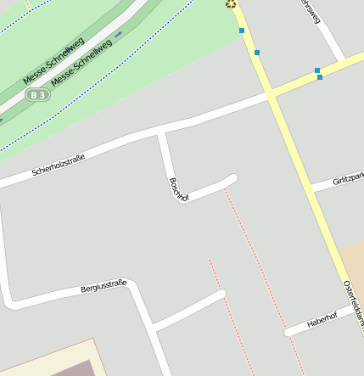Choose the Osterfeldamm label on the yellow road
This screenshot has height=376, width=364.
354,304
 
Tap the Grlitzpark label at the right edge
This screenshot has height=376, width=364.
348,179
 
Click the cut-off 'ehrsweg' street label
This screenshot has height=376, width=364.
309,11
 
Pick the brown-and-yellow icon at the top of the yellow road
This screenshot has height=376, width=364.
230,3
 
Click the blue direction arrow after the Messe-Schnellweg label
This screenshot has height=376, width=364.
119,34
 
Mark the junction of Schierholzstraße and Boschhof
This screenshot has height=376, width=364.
160,133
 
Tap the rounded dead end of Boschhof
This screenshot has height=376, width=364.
232,178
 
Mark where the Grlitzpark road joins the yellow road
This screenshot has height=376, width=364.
311,188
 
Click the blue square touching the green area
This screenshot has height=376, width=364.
242,31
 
